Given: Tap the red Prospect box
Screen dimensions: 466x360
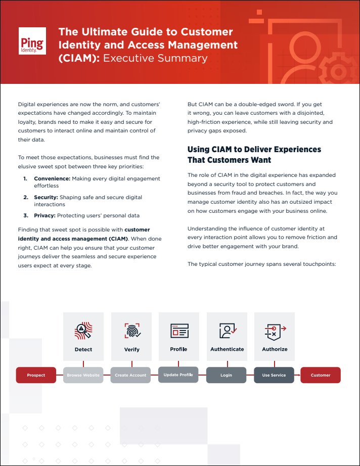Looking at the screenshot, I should [36, 375].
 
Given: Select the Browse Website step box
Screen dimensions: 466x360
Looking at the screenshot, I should [83, 375].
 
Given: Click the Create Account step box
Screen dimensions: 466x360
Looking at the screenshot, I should [130, 375].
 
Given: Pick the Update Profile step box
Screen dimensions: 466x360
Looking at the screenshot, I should [178, 375].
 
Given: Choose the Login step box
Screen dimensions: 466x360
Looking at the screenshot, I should [226, 375].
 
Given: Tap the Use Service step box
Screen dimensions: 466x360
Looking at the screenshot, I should [274, 375].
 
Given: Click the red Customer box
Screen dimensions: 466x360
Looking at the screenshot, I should [321, 375].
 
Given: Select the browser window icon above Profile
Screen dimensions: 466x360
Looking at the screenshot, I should [179, 331].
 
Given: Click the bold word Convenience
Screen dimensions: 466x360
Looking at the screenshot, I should [52, 179].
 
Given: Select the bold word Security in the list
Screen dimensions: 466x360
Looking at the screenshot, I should [46, 197].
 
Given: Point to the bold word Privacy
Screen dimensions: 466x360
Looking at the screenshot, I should [44, 215].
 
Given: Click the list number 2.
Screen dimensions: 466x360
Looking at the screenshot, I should [25, 197].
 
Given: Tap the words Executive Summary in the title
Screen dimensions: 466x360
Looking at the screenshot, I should [155, 58].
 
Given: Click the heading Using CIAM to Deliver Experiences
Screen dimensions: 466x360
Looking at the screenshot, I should [254, 150].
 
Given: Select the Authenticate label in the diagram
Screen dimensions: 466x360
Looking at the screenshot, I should [227, 349].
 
